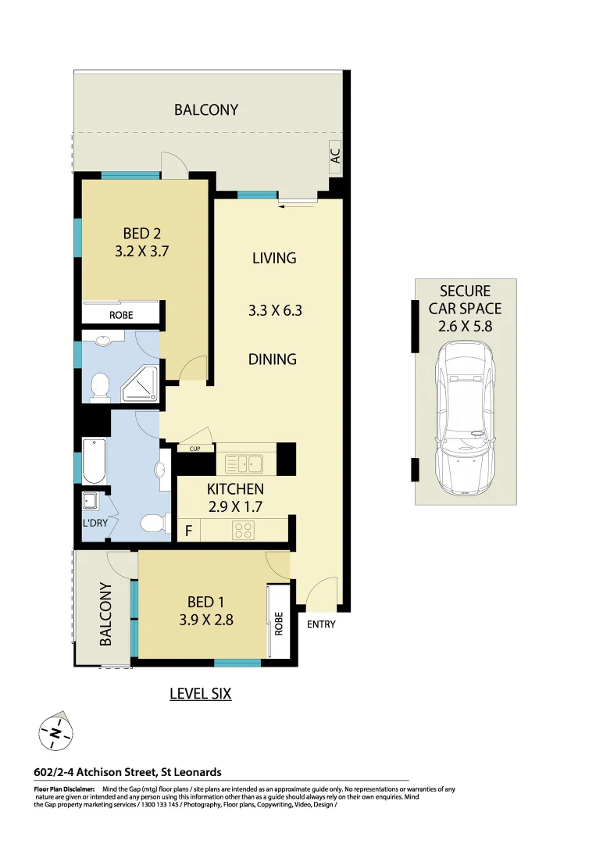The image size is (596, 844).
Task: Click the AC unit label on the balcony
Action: (336, 156)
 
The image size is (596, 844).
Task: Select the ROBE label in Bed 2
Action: (121, 315)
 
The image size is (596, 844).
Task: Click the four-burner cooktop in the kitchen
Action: (244, 531)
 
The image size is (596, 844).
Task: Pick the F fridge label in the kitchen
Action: (187, 531)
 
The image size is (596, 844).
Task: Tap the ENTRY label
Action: (321, 624)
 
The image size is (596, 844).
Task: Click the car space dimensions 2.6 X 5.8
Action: (465, 327)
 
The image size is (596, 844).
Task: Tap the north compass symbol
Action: (55, 733)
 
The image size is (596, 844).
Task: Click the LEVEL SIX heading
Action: (201, 693)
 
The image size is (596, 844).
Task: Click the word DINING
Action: (273, 359)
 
